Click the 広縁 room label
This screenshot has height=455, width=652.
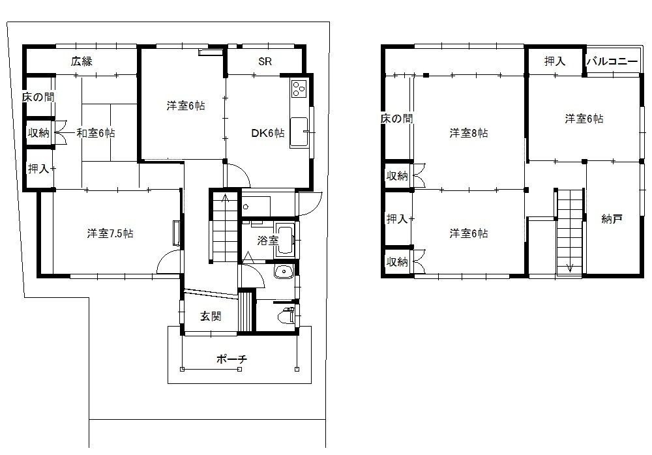(81, 61)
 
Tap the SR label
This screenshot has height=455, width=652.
(265, 61)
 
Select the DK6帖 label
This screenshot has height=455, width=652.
(268, 133)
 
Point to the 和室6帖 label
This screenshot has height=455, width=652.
(96, 133)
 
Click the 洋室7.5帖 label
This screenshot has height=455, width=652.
(110, 233)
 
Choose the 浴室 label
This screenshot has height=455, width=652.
(267, 241)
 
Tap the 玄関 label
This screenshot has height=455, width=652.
(211, 317)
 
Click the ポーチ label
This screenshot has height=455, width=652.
(231, 359)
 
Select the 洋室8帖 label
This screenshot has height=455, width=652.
(469, 133)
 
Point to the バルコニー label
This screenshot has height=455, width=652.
(612, 61)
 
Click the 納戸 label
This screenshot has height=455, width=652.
(612, 219)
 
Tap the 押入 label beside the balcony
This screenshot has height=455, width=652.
(555, 61)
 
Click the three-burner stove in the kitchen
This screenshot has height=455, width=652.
(299, 88)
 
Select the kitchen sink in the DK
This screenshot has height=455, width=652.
(299, 132)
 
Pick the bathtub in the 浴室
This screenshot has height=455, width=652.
(285, 240)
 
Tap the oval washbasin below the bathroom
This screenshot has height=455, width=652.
(284, 272)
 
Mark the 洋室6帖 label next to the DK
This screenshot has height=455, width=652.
(185, 106)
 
